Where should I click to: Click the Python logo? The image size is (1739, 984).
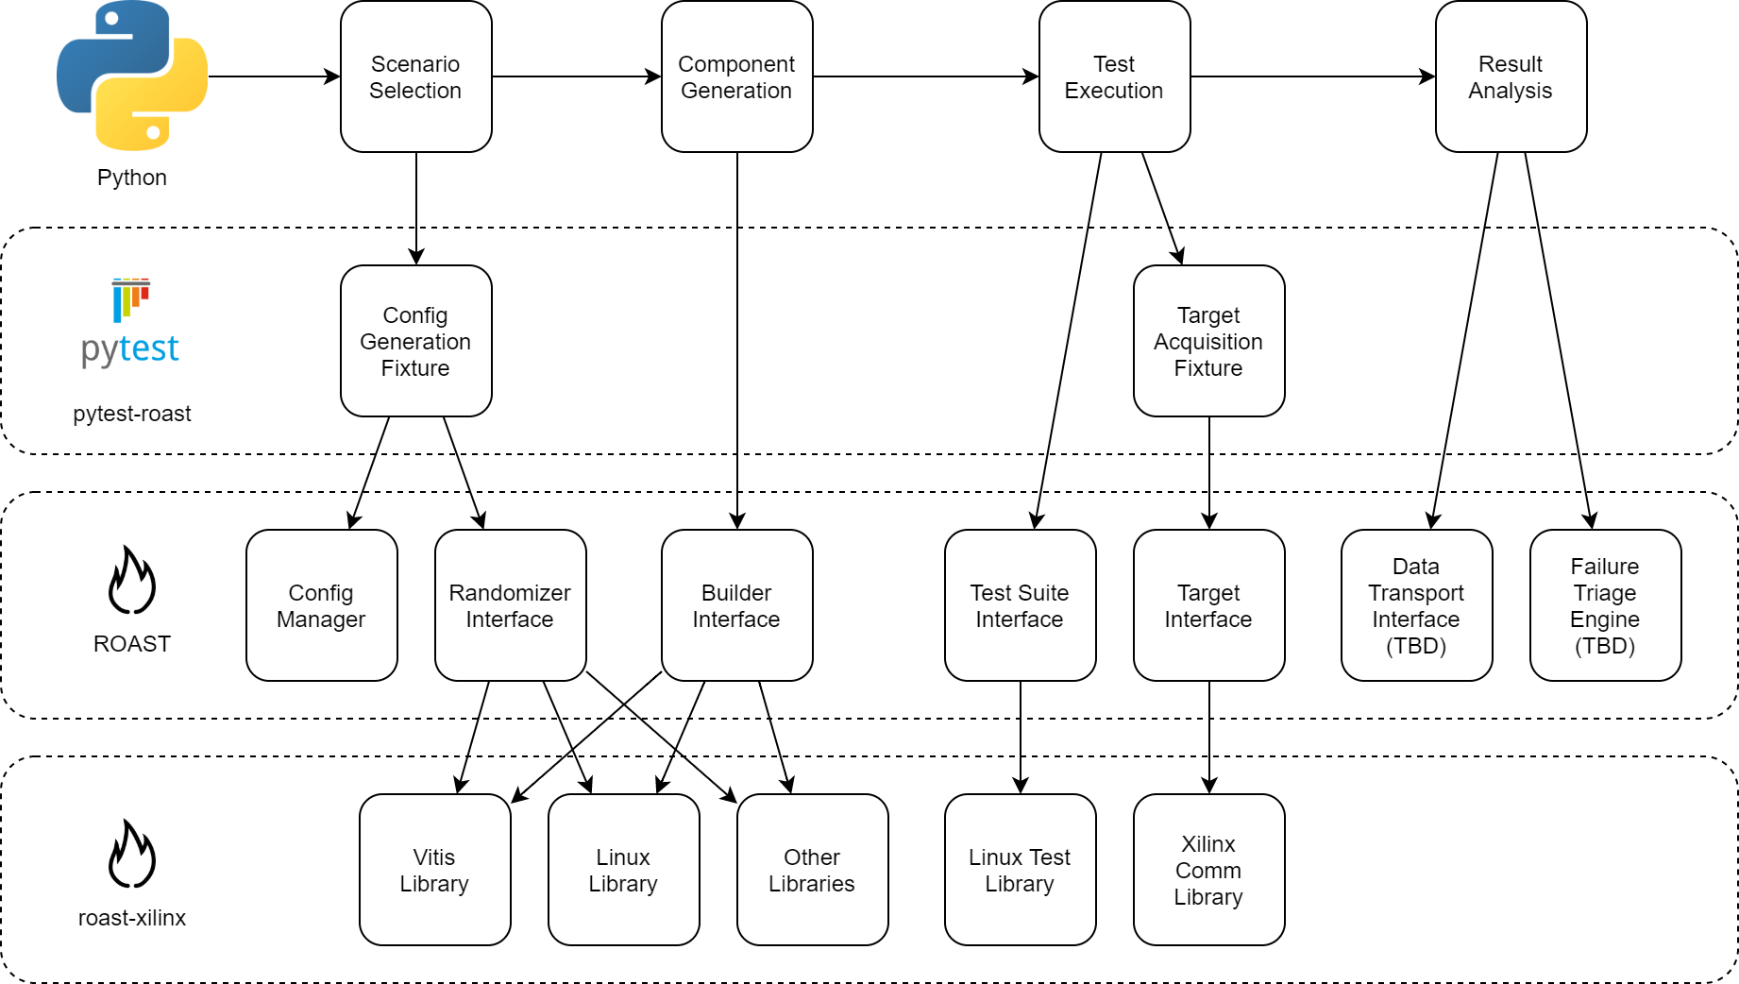tap(132, 76)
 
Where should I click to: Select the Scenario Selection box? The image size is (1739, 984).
tap(416, 76)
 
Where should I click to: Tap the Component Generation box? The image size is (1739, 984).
tap(737, 76)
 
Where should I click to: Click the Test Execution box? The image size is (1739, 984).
tap(1115, 76)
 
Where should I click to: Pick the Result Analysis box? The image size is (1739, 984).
tap(1511, 76)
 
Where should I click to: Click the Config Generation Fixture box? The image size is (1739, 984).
tap(416, 341)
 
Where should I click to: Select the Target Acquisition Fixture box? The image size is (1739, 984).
tap(1209, 341)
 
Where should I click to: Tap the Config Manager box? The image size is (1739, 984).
tap(322, 605)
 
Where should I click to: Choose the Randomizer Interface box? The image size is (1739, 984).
tap(511, 605)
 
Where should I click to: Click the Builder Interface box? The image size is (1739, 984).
tap(737, 605)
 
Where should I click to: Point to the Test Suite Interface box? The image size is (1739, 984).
tap(1021, 605)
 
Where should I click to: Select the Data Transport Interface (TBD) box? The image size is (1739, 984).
tap(1417, 605)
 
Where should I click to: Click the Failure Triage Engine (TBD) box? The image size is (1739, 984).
tap(1606, 605)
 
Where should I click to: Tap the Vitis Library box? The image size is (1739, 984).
tap(435, 870)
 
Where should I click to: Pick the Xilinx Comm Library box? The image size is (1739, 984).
tap(1209, 870)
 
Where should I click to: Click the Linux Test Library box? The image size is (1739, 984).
tap(1021, 870)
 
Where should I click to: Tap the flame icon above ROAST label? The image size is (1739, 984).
tap(132, 579)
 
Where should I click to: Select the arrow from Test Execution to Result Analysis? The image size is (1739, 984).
tap(1313, 76)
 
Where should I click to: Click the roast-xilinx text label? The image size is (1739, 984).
tap(132, 918)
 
